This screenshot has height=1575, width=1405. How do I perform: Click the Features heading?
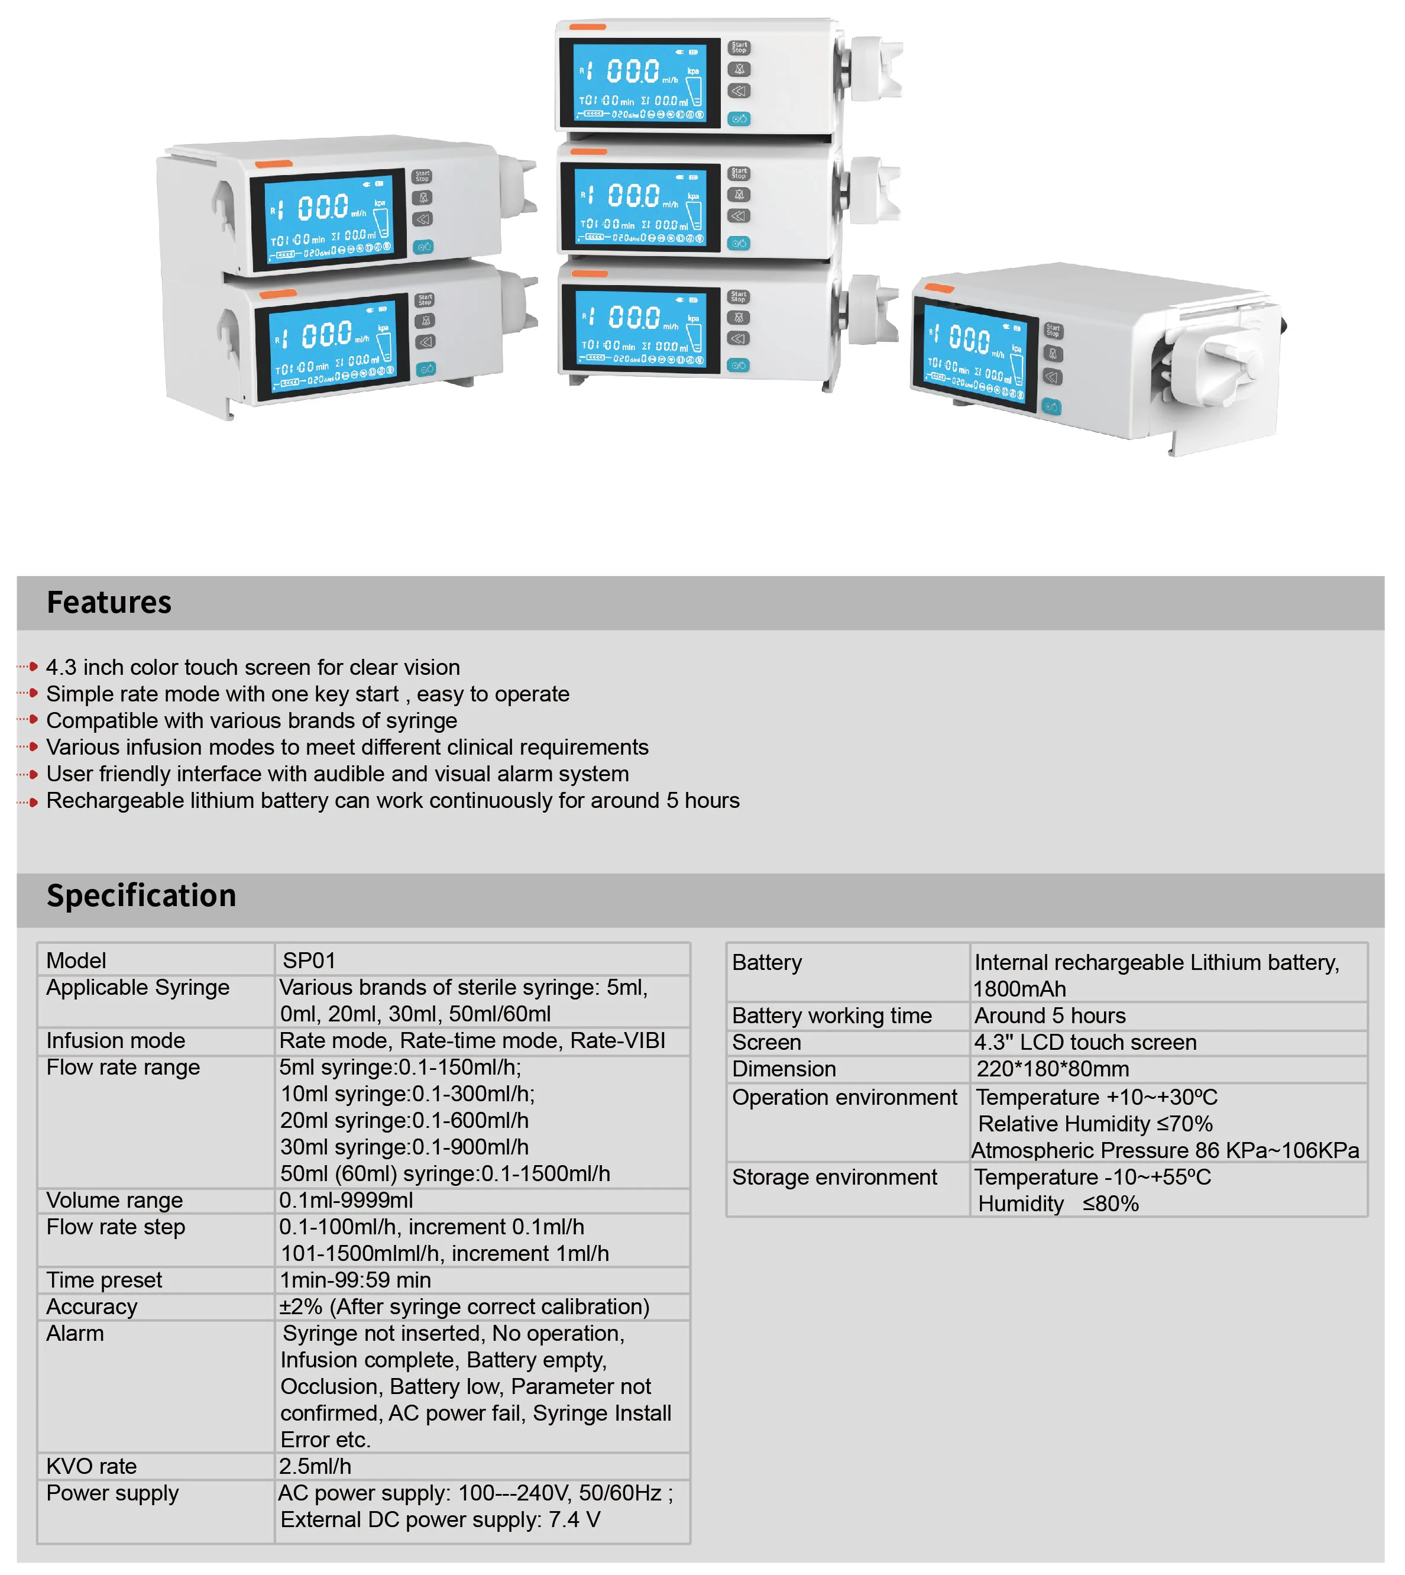109,602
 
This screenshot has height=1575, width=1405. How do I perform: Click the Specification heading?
141,895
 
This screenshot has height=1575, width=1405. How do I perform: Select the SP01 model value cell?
309,960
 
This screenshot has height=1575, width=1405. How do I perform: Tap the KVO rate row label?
91,1466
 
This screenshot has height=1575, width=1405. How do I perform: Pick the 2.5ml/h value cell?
315,1466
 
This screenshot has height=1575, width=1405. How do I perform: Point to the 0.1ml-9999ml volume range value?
346,1200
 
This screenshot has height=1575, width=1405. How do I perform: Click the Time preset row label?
104,1280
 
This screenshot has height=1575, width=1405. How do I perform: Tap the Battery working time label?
831,1015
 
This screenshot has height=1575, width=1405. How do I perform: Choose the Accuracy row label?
92,1306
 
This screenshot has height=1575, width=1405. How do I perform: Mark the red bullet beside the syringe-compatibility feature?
33,720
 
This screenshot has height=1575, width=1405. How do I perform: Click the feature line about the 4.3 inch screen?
253,667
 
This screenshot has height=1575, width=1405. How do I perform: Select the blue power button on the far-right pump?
1051,406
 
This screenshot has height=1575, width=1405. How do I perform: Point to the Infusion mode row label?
116,1041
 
